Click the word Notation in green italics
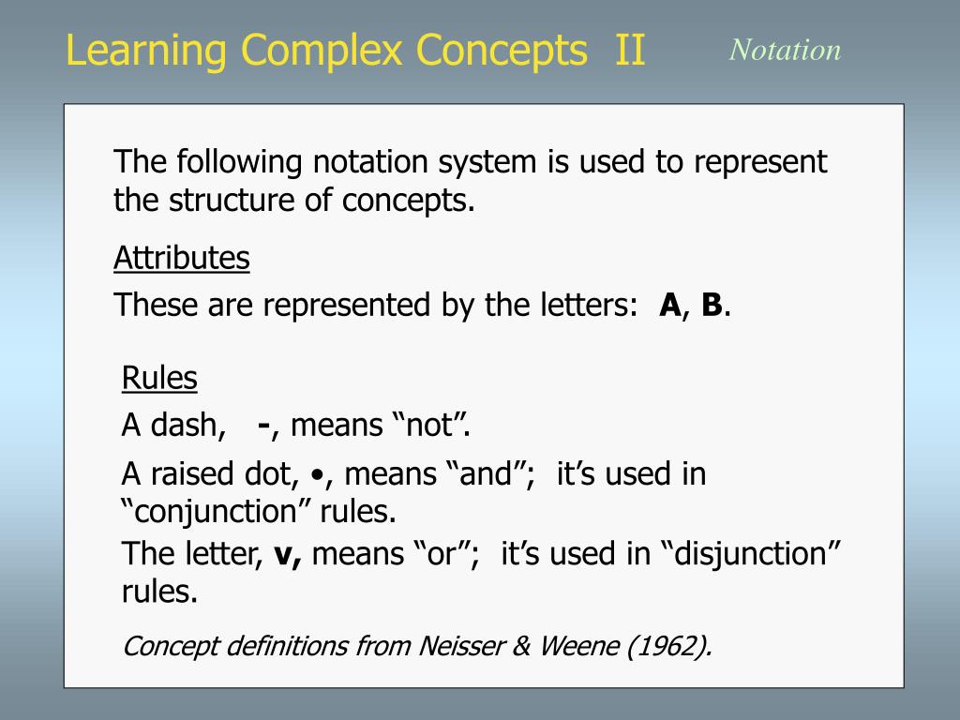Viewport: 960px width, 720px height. tap(785, 50)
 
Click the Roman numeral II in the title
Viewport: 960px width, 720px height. tap(630, 50)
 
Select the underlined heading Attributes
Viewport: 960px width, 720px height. tap(182, 258)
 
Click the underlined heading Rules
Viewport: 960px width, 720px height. tap(159, 378)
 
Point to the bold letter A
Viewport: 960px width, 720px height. tap(669, 305)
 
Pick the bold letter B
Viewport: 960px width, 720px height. tap(712, 305)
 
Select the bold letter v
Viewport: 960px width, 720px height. tap(283, 555)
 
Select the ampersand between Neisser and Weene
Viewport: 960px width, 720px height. tap(521, 647)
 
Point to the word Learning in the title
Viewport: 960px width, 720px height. tap(145, 52)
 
